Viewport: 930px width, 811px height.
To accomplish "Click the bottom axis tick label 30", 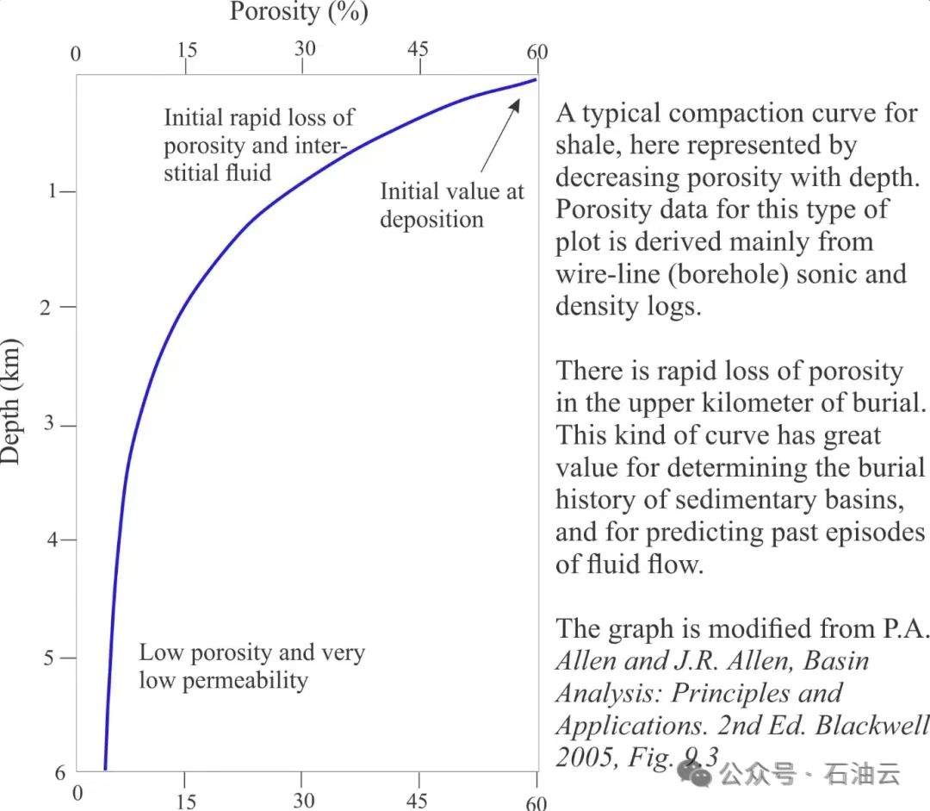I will coord(303,801).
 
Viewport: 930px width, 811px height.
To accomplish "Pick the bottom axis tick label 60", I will coord(536,803).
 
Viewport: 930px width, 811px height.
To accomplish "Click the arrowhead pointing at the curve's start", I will coord(517,103).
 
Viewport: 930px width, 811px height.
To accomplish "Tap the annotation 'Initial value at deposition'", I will coord(451,205).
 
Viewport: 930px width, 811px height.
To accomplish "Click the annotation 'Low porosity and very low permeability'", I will coord(251,666).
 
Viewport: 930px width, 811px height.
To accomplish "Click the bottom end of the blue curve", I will coord(105,767).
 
